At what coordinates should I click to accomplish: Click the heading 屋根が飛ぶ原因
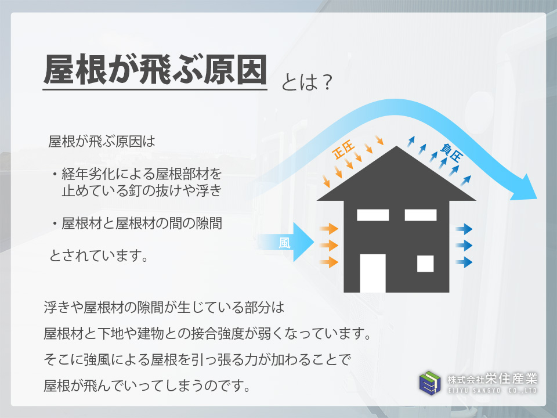155,70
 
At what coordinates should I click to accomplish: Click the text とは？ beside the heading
306,82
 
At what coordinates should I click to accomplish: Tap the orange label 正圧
343,150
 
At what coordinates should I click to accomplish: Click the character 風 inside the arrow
284,243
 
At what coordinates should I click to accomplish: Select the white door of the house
372,273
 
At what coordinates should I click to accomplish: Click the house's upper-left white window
372,215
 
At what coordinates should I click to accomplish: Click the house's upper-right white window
421,215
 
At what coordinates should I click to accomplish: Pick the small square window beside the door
425,264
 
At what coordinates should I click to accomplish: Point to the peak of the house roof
396,146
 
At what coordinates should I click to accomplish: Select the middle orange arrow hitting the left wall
329,245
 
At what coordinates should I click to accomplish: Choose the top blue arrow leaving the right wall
464,229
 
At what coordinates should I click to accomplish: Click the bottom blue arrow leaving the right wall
464,262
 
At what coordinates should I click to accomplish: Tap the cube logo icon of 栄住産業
430,383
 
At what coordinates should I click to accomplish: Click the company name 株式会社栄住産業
493,379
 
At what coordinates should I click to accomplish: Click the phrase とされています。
99,255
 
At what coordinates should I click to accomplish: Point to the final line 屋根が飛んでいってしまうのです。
147,385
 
